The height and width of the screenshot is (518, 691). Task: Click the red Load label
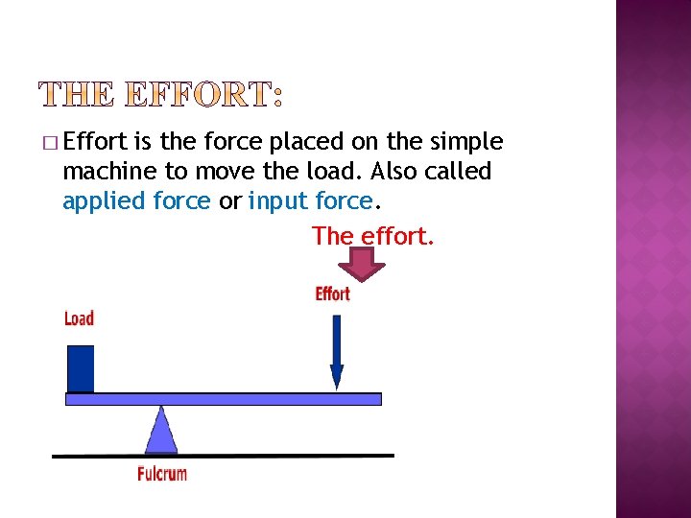coord(79,318)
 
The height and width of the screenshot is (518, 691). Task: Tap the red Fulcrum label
coord(162,473)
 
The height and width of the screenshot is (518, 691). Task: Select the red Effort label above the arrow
coord(332,294)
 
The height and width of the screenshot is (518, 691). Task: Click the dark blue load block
coord(81,368)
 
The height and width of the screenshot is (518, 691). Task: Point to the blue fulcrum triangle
coord(161,432)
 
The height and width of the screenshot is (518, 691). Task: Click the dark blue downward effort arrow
coord(336,351)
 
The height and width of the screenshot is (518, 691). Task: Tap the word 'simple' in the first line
coord(466,142)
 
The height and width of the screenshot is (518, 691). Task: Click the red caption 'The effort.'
coord(373,235)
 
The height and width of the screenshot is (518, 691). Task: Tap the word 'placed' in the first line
coord(303,142)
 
